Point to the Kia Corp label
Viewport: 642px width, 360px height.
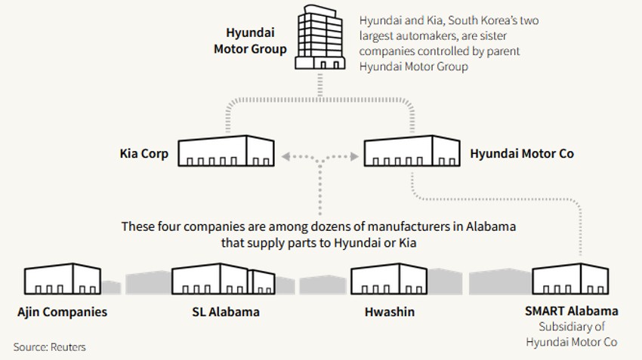[144, 154]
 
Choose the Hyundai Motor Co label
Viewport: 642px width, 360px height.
[522, 154]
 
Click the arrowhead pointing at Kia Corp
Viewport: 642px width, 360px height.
[286, 158]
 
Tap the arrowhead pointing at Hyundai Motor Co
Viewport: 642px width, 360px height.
[353, 158]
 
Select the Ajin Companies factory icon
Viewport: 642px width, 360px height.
[63, 279]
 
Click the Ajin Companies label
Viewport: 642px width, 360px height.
[63, 312]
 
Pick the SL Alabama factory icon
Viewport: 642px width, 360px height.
[223, 279]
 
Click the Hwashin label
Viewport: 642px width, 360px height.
[389, 312]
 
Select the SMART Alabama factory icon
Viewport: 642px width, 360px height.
[571, 279]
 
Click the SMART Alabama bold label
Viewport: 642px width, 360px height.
[572, 311]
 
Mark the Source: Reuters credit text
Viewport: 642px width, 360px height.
[50, 347]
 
